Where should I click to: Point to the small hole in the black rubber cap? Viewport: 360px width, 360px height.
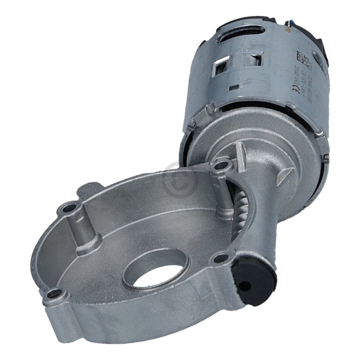click(x=244, y=286)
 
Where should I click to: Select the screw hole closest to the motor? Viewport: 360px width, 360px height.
click(x=221, y=166)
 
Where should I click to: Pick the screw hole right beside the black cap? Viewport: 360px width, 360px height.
click(x=221, y=258)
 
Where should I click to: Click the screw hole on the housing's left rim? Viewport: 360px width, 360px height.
click(x=69, y=208)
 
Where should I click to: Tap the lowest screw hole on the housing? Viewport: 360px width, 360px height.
click(x=55, y=294)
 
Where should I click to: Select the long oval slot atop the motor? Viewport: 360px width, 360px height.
click(x=241, y=34)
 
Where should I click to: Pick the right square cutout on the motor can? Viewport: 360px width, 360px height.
click(x=255, y=58)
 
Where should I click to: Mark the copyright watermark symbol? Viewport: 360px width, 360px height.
click(x=180, y=180)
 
